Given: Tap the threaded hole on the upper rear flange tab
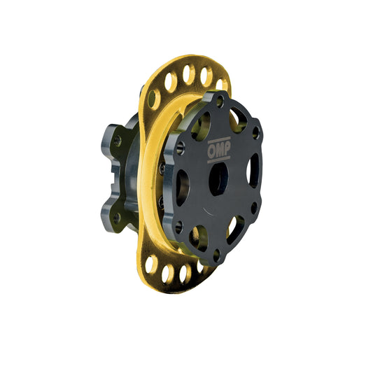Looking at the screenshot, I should [x=117, y=141].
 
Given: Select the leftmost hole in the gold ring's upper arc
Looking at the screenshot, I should [x=153, y=97].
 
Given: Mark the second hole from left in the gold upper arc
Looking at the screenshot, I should [x=170, y=83].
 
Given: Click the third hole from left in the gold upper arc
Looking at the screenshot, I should [x=187, y=73].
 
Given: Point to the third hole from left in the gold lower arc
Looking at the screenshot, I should [x=183, y=274].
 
